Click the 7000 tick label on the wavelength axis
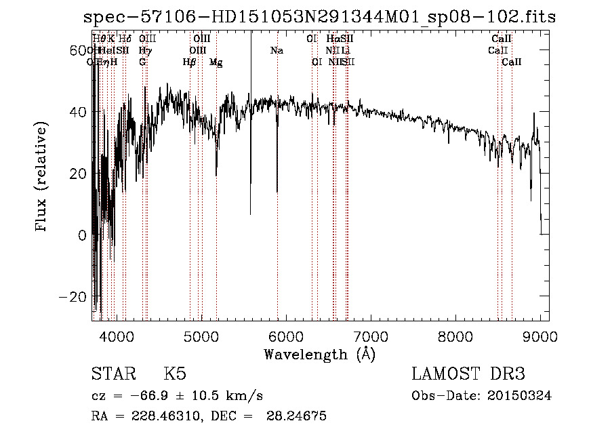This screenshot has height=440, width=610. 370,336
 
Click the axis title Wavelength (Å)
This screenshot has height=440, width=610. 319,354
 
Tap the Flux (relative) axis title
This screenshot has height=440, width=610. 43,177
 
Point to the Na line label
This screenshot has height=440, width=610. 276,50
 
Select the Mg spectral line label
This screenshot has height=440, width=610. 216,62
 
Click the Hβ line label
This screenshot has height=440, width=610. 190,62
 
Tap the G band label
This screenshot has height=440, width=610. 142,62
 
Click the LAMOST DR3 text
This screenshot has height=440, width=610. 468,374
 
